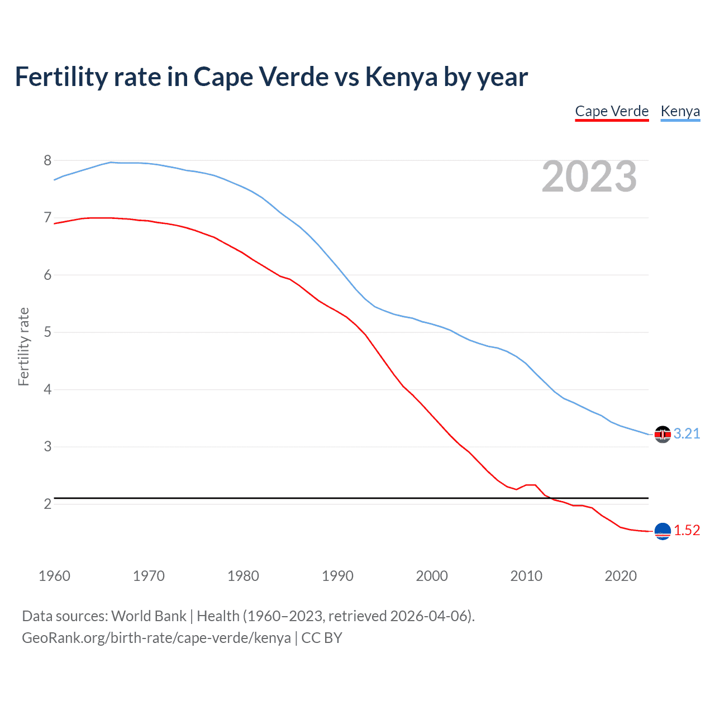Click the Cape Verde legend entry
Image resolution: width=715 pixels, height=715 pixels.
click(612, 111)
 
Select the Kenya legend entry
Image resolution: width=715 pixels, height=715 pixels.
click(680, 111)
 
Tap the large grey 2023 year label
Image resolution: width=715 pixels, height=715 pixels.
click(589, 177)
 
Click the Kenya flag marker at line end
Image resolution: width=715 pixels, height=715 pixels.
click(662, 435)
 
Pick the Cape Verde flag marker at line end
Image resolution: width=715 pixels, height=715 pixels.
click(662, 531)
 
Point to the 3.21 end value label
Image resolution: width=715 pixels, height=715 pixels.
click(687, 434)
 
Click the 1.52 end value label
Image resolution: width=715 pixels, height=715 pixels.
click(687, 531)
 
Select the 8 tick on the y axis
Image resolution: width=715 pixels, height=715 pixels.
click(47, 161)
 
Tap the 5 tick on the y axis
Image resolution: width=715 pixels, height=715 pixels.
click(47, 332)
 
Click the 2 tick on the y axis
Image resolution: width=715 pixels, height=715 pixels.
click(47, 504)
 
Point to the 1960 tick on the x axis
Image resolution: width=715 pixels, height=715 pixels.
click(54, 576)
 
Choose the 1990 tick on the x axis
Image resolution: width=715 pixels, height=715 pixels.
click(337, 576)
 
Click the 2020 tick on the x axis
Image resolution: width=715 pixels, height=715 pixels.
click(621, 576)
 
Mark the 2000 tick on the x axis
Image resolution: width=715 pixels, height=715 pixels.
click(432, 576)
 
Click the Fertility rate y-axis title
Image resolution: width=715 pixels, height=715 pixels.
click(23, 346)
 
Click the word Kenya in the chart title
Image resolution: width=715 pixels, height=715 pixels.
click(401, 77)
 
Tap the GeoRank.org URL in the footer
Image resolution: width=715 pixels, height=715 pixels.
click(156, 638)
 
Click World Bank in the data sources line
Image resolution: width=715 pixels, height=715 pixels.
click(149, 616)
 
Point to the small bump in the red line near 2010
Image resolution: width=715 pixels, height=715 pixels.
click(530, 485)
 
